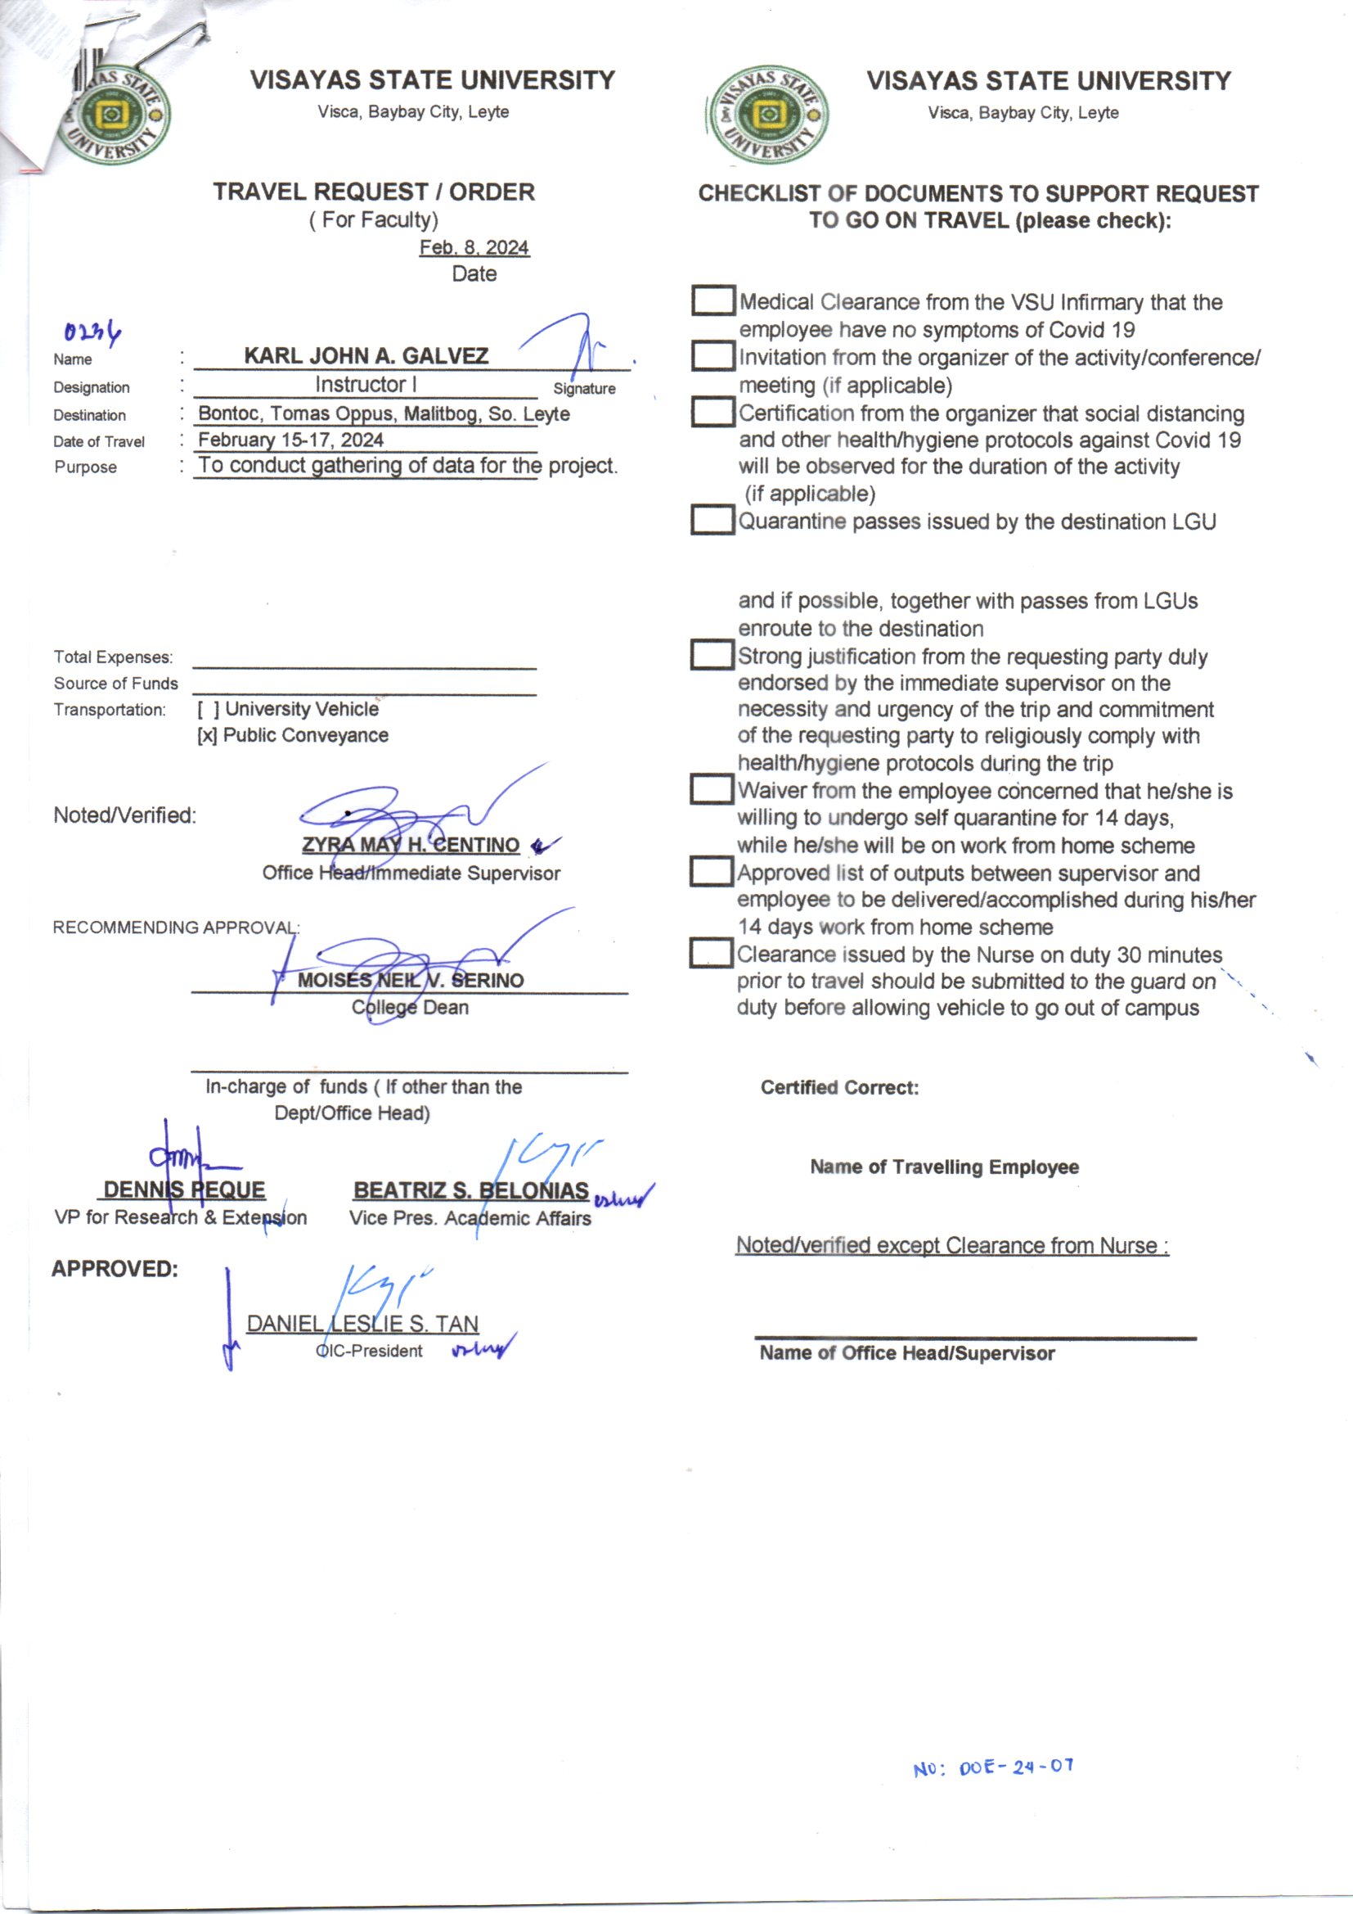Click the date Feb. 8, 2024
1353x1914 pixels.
(x=474, y=247)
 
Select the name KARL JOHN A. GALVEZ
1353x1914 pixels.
(x=366, y=356)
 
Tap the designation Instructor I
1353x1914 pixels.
(x=366, y=384)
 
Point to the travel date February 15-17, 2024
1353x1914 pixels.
(x=290, y=440)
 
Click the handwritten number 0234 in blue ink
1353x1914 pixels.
(x=92, y=332)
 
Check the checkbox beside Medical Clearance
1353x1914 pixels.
(x=712, y=301)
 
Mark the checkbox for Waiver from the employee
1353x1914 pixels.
(x=712, y=789)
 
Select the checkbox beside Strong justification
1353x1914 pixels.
(x=712, y=655)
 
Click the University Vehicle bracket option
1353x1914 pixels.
(x=209, y=710)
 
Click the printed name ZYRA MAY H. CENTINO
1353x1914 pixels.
(x=411, y=846)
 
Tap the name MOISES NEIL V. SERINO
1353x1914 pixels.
(x=411, y=981)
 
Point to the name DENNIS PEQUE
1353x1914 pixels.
(x=184, y=1189)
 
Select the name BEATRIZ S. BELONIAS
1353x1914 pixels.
(x=470, y=1190)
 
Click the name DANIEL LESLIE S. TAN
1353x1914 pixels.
(x=362, y=1324)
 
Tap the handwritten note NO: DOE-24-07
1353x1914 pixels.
(x=993, y=1767)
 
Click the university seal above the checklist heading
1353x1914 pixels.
(x=767, y=115)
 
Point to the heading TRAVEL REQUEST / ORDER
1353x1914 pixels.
(x=373, y=192)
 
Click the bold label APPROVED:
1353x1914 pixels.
(x=115, y=1269)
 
